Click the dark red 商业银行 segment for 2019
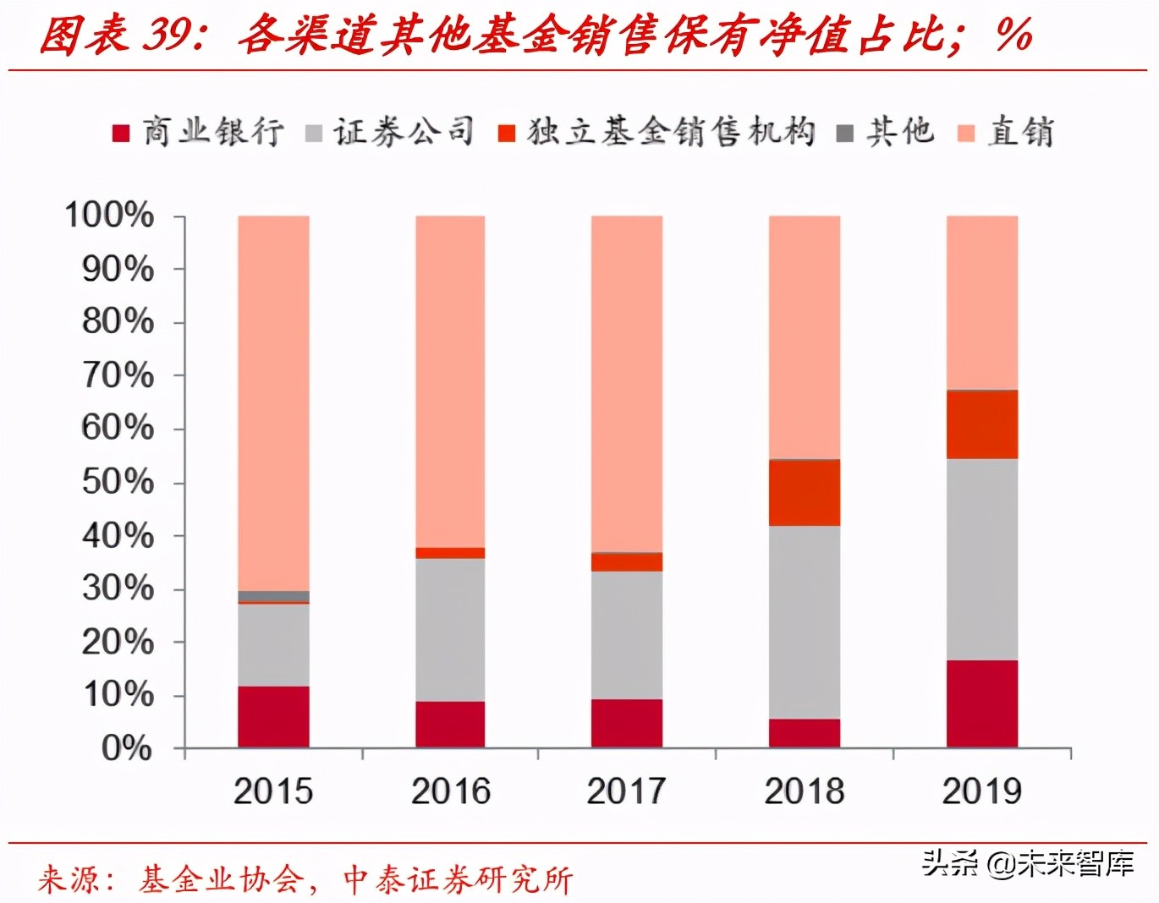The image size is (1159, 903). (x=981, y=703)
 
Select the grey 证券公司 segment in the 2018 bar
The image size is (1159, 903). (x=804, y=622)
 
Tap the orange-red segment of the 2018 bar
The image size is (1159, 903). (x=804, y=493)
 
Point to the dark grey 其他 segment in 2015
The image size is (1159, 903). (x=273, y=596)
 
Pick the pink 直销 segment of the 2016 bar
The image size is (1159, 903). (x=450, y=380)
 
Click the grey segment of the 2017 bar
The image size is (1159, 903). (x=627, y=635)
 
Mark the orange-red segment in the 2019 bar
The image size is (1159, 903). (x=981, y=424)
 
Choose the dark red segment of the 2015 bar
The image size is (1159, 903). (x=273, y=716)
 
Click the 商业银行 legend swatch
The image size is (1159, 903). (x=121, y=134)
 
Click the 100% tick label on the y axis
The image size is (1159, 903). (x=110, y=215)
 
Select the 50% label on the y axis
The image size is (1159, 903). (x=118, y=482)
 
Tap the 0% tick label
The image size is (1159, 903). (x=127, y=748)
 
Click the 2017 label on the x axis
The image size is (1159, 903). (x=627, y=791)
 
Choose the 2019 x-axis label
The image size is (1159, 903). (x=981, y=791)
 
